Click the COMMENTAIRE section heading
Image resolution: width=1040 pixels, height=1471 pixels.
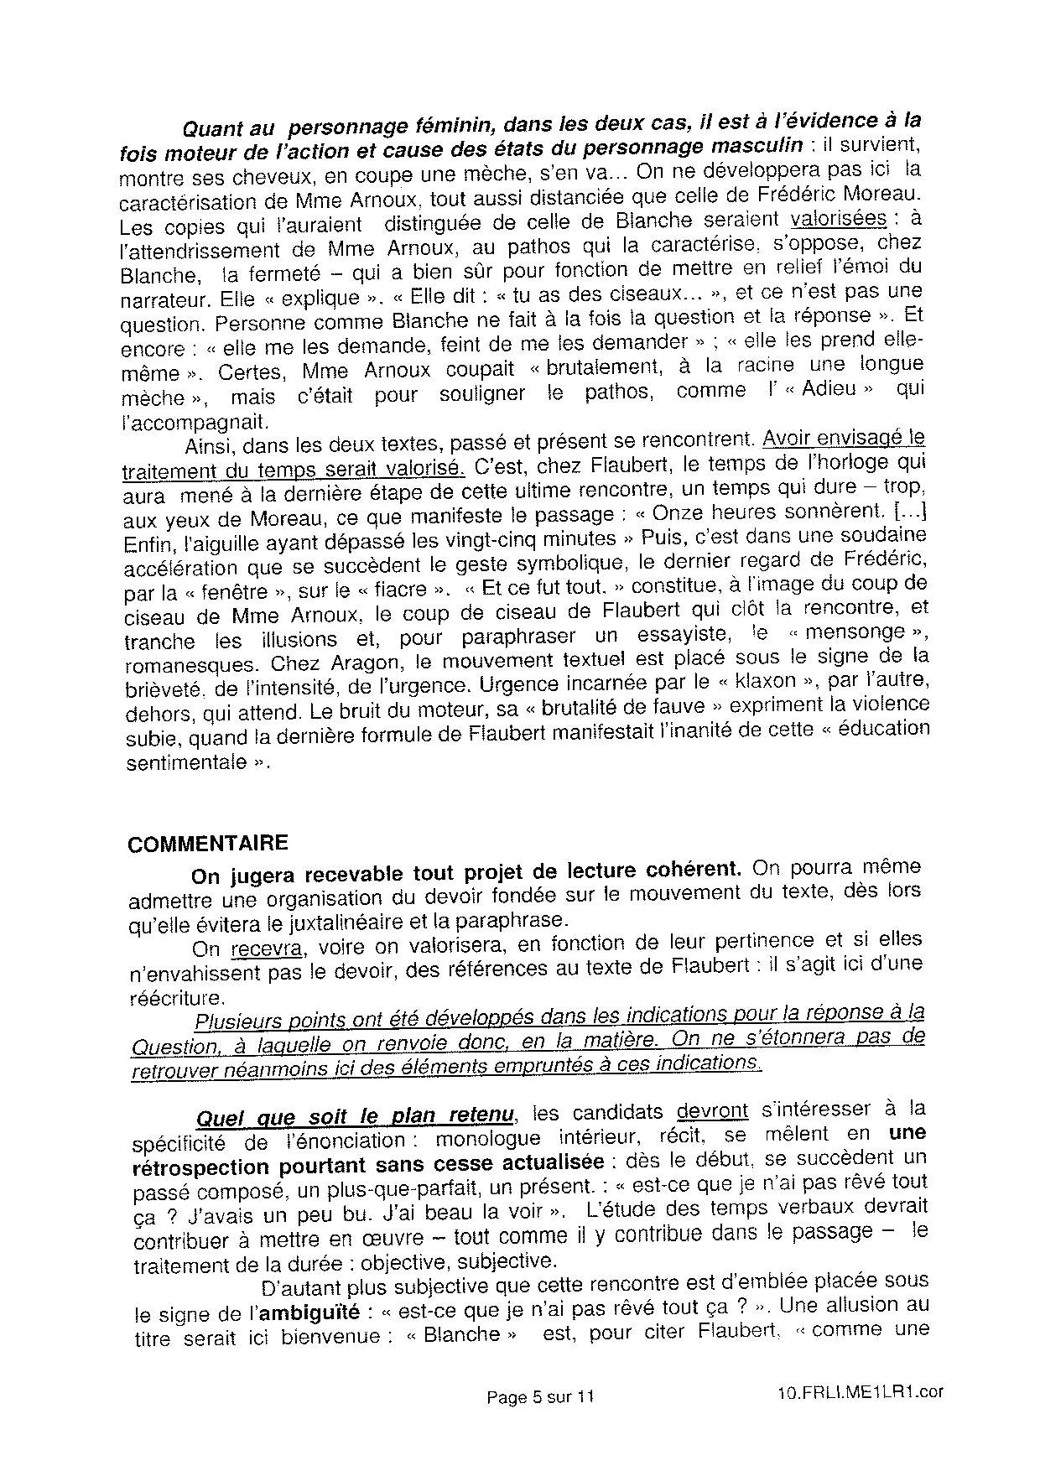(x=207, y=844)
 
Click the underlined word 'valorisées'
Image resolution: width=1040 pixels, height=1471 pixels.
(x=839, y=218)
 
